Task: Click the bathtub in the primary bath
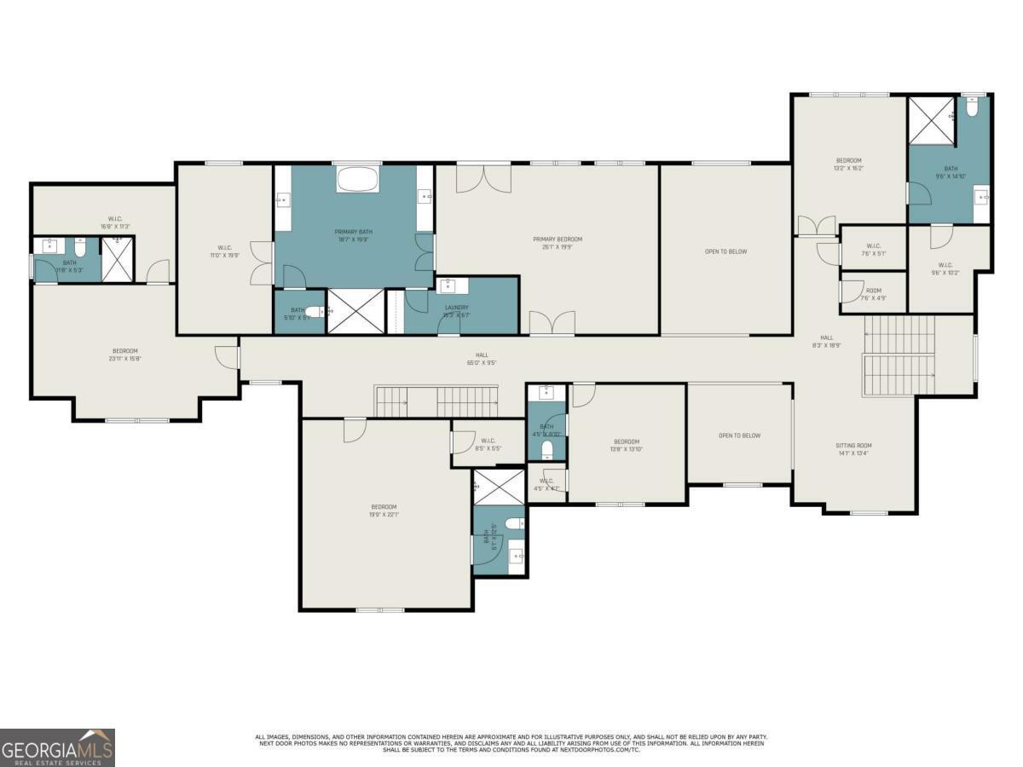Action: pyautogui.click(x=354, y=180)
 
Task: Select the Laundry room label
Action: pyautogui.click(x=456, y=311)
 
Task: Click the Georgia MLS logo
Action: pyautogui.click(x=57, y=747)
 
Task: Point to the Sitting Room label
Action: pyautogui.click(x=853, y=449)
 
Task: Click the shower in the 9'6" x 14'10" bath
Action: pyautogui.click(x=930, y=121)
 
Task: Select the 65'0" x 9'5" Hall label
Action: pyautogui.click(x=483, y=359)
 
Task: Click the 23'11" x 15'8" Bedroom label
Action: pyautogui.click(x=124, y=355)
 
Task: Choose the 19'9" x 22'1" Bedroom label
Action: pyautogui.click(x=384, y=511)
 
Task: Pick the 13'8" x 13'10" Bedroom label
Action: pyautogui.click(x=626, y=445)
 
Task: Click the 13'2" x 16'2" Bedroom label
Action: pyautogui.click(x=848, y=164)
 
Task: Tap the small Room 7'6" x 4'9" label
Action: pyautogui.click(x=873, y=294)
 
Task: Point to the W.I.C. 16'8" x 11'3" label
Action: pyautogui.click(x=115, y=222)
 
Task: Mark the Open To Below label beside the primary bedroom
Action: pyautogui.click(x=726, y=251)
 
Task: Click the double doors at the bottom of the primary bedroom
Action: pyautogui.click(x=552, y=324)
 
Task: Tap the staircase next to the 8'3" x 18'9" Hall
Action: pyautogui.click(x=899, y=355)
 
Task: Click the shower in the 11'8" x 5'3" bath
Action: pyautogui.click(x=118, y=259)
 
